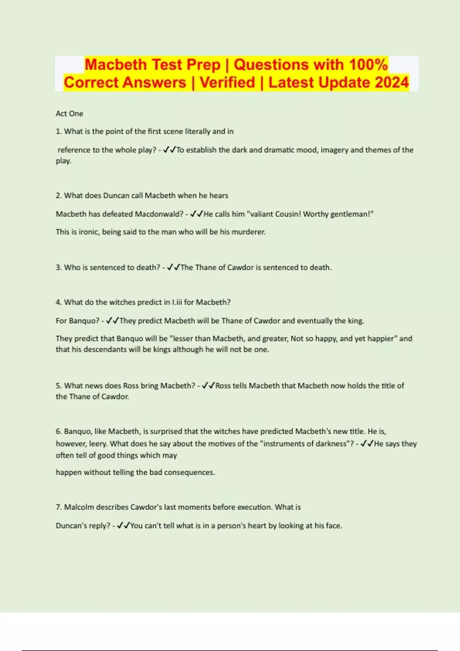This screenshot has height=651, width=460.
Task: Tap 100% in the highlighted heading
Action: tap(368, 64)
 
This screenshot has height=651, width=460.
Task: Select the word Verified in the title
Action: tap(227, 82)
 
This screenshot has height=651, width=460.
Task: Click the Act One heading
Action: tap(69, 113)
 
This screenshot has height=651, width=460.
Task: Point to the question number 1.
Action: tap(58, 131)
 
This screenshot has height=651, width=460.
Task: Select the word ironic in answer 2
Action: tap(89, 232)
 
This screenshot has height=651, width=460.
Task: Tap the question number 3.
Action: tap(58, 267)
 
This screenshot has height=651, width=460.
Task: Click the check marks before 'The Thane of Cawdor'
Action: tap(173, 267)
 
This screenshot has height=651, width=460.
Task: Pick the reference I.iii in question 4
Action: tap(177, 302)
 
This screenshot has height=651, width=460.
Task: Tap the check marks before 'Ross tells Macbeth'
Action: tap(209, 386)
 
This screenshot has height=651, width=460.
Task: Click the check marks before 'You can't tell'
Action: tap(123, 526)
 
